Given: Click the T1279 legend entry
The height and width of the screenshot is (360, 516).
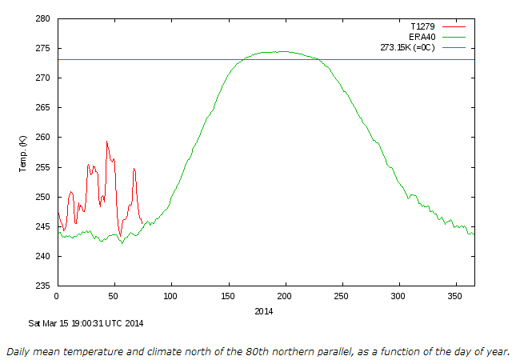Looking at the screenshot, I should [421, 26].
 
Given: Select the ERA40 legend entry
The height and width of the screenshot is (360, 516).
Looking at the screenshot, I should [421, 37].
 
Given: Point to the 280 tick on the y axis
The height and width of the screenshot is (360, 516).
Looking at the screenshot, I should [43, 18].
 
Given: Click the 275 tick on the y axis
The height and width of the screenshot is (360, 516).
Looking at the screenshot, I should [43, 48].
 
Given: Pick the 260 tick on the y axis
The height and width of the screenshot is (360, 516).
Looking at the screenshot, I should [43, 137].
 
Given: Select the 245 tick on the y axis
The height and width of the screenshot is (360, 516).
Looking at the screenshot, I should [43, 226].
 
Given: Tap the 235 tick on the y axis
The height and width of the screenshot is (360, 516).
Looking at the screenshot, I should [43, 286].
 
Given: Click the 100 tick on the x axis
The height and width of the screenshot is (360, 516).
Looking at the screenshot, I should [170, 297].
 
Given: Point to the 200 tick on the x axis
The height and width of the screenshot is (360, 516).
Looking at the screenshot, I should [285, 297].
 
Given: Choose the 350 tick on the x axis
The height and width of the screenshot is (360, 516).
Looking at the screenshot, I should [456, 297].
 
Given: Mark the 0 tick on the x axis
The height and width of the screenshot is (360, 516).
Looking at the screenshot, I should [56, 297].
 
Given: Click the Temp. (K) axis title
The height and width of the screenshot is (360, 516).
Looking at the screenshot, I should [23, 152].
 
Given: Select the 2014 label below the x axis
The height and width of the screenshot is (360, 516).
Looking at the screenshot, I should [265, 311].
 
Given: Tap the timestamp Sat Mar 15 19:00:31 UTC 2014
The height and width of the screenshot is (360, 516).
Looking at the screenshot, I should [86, 323].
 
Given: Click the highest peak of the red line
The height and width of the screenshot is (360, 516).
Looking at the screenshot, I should [106, 142].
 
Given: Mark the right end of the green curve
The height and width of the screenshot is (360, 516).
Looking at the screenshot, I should [474, 234].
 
